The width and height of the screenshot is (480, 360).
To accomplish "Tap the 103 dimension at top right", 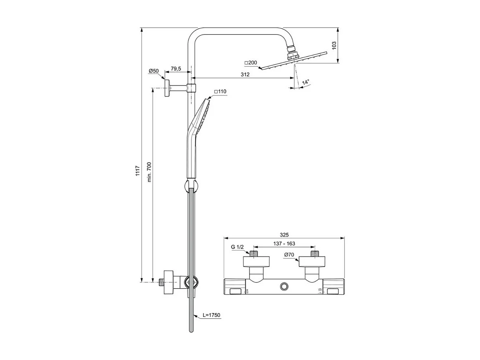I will click(334, 46).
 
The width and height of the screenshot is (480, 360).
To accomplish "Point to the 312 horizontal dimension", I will click(245, 74).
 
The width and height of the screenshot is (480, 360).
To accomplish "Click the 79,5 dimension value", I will click(176, 69).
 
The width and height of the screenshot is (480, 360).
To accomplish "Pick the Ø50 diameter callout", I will click(153, 71).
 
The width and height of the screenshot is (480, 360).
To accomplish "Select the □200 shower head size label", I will click(251, 63).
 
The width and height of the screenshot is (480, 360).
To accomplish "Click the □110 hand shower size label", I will click(220, 92).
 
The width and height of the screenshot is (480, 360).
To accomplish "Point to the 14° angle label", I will click(306, 82).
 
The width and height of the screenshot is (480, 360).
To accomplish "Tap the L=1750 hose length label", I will click(211, 315).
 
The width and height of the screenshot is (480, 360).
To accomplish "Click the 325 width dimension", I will click(285, 234).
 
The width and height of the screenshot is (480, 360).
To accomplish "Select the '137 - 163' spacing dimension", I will click(285, 244).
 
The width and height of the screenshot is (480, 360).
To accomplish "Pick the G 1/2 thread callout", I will click(237, 247).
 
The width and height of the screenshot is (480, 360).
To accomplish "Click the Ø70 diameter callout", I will click(289, 255).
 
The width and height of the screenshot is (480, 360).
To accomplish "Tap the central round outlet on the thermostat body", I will click(284, 286).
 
